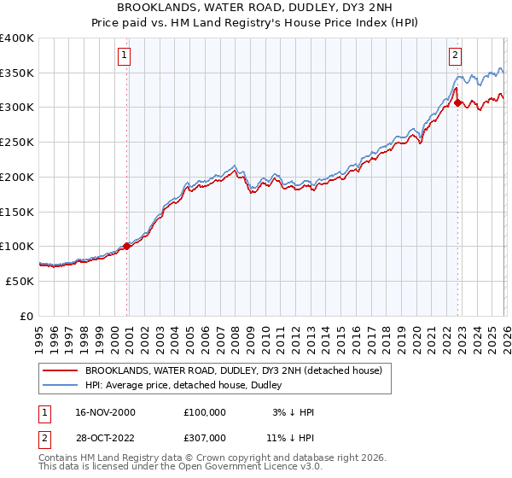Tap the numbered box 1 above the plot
(125, 55)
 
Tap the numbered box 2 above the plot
(455, 55)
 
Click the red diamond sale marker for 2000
(127, 246)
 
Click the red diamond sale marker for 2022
(458, 102)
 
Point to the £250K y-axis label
(17, 143)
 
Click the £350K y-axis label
(17, 73)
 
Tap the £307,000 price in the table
(205, 437)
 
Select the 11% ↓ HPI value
(290, 437)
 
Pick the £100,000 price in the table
(205, 412)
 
